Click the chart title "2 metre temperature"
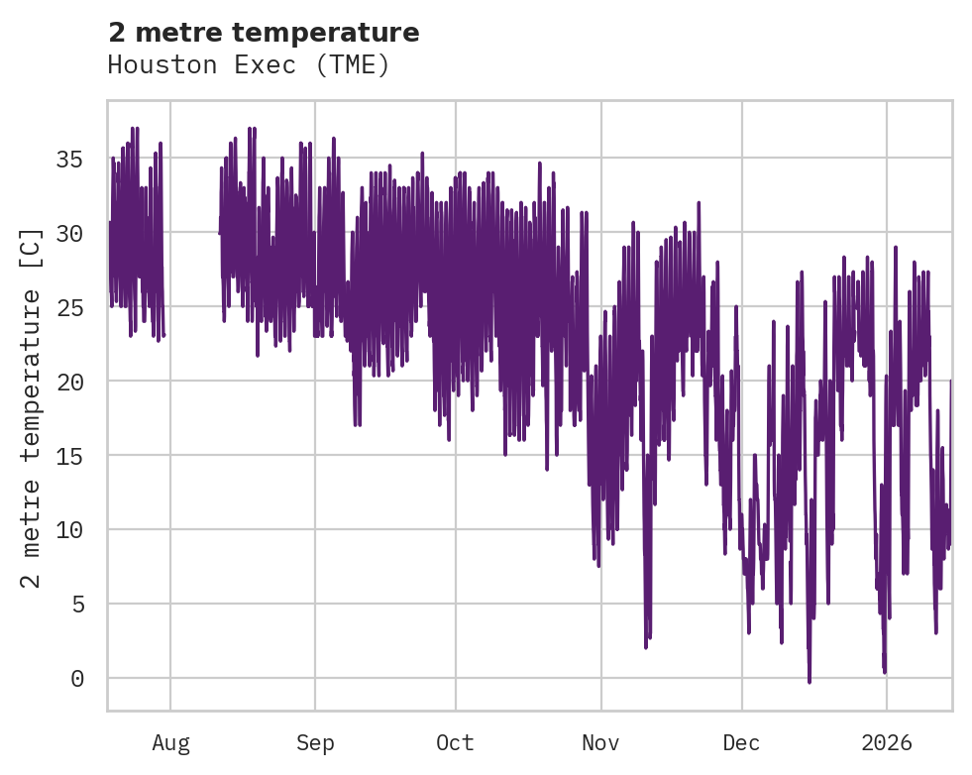264,33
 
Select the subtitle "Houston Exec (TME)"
249,65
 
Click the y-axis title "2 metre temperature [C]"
32,407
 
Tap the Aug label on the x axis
170,743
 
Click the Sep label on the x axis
315,743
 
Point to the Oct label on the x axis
456,743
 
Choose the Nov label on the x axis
600,743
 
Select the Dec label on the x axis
741,743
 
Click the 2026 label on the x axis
886,743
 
